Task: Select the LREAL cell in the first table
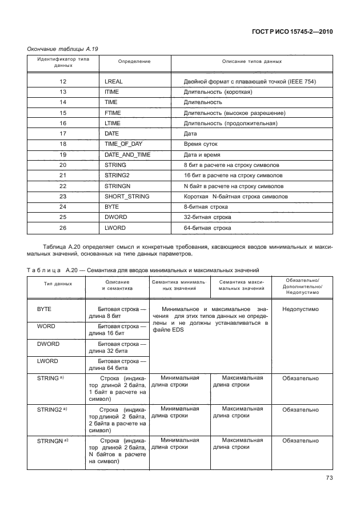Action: pos(114,82)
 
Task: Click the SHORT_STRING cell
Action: pos(127,196)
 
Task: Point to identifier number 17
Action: pos(63,134)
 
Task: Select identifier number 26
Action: pos(63,228)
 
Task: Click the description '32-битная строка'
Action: pos(207,217)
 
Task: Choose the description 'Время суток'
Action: pos(201,144)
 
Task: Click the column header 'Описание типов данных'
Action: pos(252,61)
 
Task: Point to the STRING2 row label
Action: pos(52,410)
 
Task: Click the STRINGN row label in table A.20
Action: pos(52,441)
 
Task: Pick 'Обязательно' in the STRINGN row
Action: pos(300,441)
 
